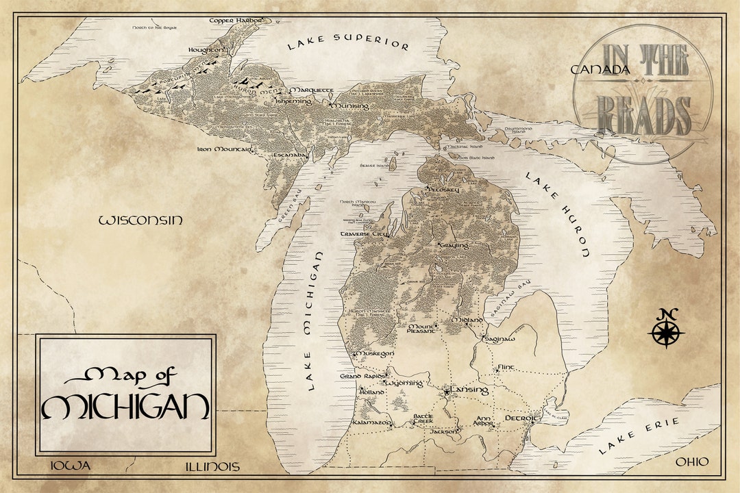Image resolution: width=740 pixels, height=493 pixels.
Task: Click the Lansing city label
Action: point(469,390)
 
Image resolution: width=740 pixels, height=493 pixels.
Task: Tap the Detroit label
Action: point(522,418)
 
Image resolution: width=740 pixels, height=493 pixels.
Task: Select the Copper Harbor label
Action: point(236,21)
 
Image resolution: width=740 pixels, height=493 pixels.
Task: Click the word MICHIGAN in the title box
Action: point(125,407)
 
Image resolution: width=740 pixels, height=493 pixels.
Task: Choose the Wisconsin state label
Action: point(141,220)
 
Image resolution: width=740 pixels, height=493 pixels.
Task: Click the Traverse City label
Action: point(365,234)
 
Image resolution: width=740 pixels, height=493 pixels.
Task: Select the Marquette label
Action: point(312,90)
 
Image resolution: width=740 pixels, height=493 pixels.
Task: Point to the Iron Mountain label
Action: point(225,149)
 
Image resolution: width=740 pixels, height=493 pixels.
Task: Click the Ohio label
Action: point(692,462)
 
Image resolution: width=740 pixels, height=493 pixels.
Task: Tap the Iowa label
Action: point(71,466)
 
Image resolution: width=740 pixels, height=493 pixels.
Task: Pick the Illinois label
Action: point(212,467)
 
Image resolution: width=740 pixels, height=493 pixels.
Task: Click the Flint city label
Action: point(506,368)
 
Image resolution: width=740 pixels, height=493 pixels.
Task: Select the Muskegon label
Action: point(374,353)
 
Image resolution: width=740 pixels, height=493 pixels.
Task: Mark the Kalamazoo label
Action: point(371,424)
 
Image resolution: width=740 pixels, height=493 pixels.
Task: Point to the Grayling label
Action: point(453,245)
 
